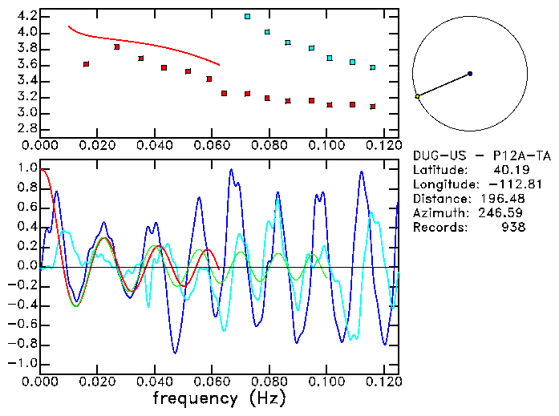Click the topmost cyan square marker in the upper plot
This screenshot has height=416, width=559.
247,16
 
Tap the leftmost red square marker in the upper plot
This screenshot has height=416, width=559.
86,63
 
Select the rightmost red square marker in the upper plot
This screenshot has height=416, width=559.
372,107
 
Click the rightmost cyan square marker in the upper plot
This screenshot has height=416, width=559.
372,67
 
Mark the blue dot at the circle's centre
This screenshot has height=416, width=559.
470,74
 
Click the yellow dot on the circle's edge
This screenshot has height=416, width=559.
417,96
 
